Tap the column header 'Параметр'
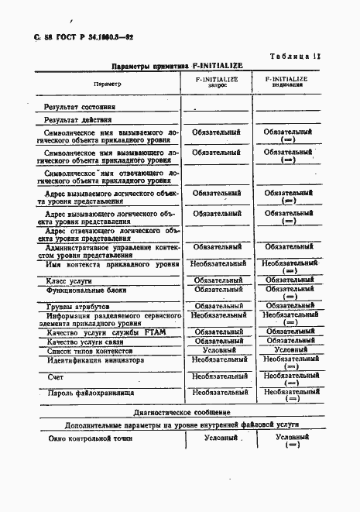(x=107, y=83)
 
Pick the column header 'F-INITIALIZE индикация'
(x=286, y=82)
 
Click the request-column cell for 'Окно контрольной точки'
(x=220, y=438)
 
